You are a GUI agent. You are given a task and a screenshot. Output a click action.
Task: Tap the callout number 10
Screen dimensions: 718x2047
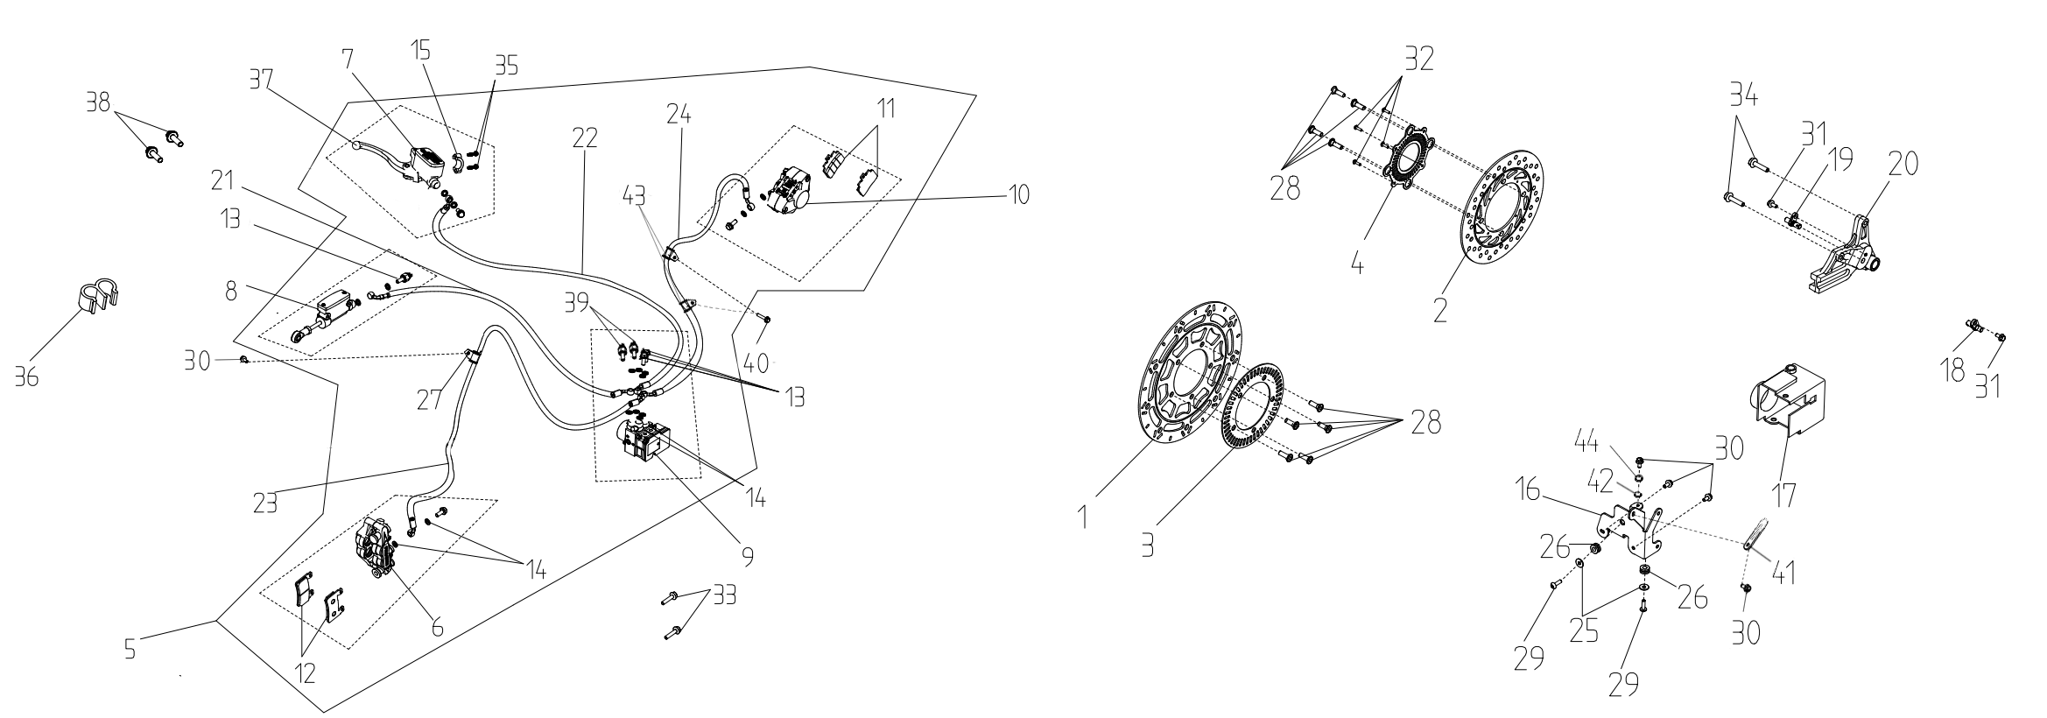pos(1018,194)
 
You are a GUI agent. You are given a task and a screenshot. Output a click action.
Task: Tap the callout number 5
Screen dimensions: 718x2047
pos(129,650)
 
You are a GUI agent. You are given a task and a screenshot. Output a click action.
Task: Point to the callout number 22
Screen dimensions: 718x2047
pos(584,139)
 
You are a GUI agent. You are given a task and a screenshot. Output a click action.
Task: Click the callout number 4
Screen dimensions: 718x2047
pos(1357,264)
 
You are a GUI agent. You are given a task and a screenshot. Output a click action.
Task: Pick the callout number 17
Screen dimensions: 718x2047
pos(1783,496)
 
